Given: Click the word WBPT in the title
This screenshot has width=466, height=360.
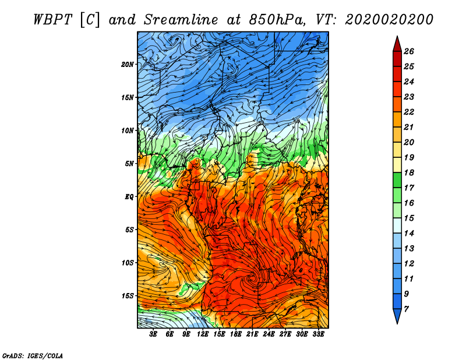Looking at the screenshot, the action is coord(52,20).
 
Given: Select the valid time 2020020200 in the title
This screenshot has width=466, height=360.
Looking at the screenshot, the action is coord(389,20).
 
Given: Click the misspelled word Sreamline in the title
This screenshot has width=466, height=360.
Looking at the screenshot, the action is coord(181,20).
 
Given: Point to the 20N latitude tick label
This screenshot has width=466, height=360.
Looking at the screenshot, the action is coord(127,65).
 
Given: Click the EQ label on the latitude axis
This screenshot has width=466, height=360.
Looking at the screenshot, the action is coord(129,197).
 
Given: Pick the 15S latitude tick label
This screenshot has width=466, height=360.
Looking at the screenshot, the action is coord(127,296).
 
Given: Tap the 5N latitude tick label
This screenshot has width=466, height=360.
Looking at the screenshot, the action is coord(129,164).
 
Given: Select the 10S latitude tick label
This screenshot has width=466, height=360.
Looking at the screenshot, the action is coord(127,263).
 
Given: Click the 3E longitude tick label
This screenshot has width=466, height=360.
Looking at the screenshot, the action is coord(153,334).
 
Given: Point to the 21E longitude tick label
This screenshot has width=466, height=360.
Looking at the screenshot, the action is coord(252,334).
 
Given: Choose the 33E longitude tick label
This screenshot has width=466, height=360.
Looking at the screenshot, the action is coord(318,334).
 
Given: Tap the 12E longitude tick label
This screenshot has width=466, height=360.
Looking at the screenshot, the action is coord(202,334).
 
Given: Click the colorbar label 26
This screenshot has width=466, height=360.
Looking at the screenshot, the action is coord(409,52).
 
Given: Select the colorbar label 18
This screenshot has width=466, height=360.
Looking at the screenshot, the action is coord(409,173).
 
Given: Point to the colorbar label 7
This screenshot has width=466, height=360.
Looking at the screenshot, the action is coord(406,309).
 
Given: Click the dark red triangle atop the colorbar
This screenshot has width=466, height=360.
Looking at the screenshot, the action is coord(397,45).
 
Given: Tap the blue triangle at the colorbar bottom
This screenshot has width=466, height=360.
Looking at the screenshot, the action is coord(397,315).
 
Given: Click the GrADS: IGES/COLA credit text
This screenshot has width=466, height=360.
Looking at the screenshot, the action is coord(33,355).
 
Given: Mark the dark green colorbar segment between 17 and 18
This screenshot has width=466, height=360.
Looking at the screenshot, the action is coord(397,180).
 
